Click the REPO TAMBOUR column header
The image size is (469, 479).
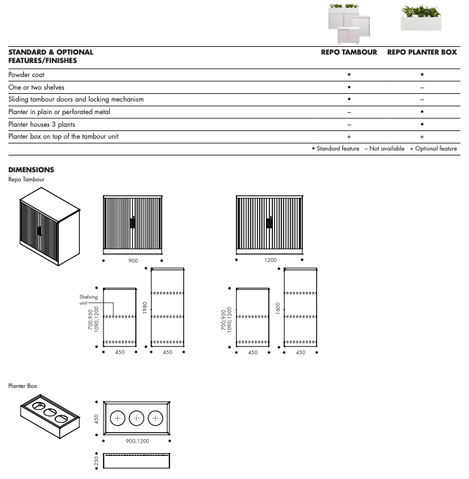point(349,53)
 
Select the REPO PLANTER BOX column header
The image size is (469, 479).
point(421,53)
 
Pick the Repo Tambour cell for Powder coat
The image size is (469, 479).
point(349,74)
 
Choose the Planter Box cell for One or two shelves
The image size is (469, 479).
point(421,87)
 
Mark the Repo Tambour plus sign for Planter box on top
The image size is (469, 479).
point(349,137)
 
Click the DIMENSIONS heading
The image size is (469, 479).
point(31,169)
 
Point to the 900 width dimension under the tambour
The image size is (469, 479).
point(133,260)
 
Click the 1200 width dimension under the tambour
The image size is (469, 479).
point(269,260)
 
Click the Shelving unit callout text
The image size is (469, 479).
point(88,300)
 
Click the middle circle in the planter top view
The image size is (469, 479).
point(136,417)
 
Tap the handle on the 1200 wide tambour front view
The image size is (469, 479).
point(269,223)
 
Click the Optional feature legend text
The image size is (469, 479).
point(435,148)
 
